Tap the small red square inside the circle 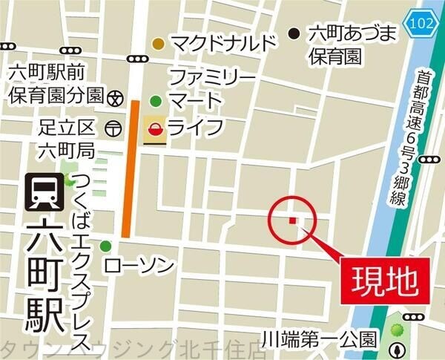coord(293,220)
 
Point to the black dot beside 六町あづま coord(294,33)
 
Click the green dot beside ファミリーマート coord(156,101)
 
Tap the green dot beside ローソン coord(107,246)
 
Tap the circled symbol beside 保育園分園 coord(115,96)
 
